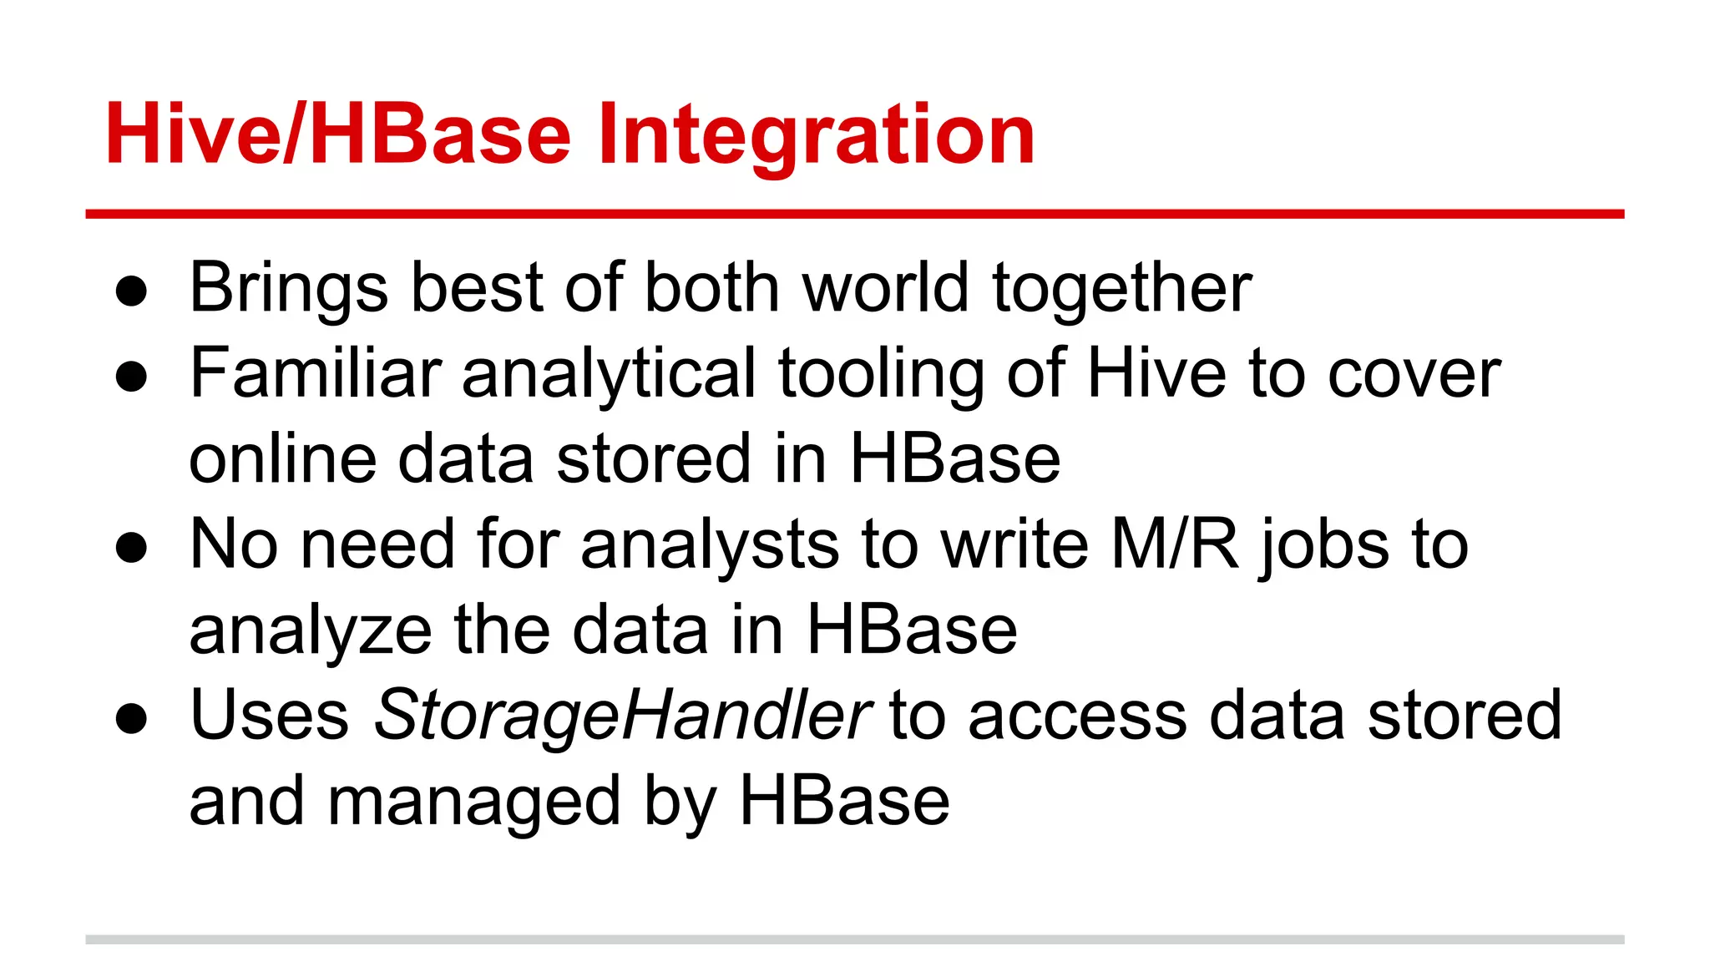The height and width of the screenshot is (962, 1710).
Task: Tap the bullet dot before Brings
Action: coord(132,291)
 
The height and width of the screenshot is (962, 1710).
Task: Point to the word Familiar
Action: coord(316,373)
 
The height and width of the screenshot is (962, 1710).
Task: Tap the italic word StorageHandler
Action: coord(623,716)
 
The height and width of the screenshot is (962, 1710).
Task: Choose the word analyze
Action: coord(310,631)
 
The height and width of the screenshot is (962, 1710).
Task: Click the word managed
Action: coord(474,803)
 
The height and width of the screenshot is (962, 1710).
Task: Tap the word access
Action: coord(1077,716)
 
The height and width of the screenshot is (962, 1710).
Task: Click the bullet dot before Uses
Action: coord(132,718)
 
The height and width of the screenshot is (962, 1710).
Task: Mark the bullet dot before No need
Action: coord(132,548)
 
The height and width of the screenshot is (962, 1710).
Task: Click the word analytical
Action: coord(610,375)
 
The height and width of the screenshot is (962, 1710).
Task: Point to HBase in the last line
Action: coord(844,801)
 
